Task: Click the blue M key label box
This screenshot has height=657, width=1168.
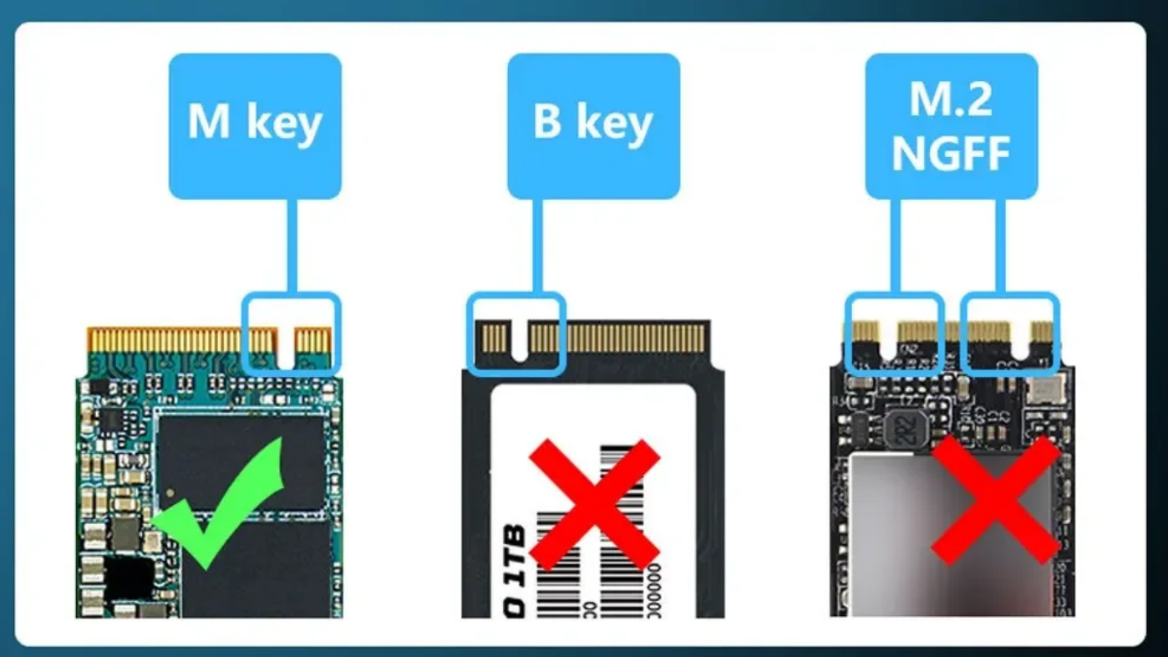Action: tap(255, 125)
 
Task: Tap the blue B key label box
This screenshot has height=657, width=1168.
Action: tap(593, 125)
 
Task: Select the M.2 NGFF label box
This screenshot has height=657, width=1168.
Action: tap(951, 125)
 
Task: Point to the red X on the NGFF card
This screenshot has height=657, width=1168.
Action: tap(995, 499)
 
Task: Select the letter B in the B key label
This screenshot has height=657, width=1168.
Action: tap(548, 123)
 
